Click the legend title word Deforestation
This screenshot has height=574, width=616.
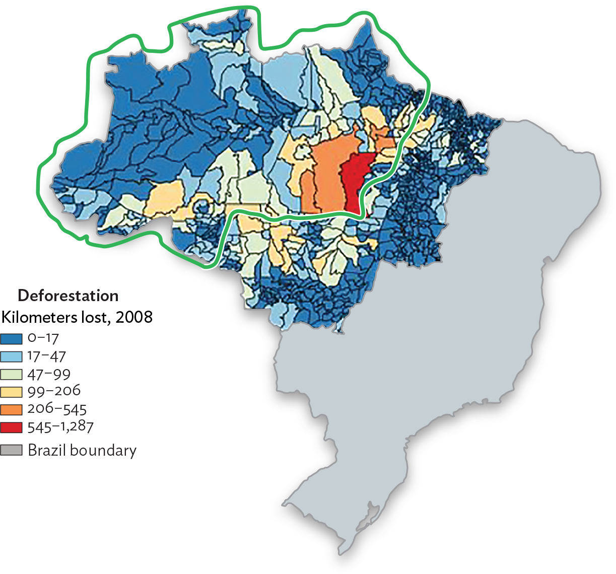coord(68,296)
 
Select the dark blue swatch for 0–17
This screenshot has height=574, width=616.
coord(12,339)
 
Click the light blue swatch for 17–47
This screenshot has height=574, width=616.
coord(12,357)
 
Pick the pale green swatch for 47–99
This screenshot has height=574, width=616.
coord(12,375)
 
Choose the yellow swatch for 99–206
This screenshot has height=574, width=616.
coord(12,392)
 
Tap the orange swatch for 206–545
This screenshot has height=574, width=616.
coord(12,409)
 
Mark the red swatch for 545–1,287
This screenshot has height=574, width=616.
coord(12,427)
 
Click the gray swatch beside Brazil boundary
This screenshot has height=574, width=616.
coord(12,450)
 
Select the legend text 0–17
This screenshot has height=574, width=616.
coord(43,338)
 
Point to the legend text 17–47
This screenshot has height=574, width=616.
coord(47,356)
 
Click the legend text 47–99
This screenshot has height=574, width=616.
coord(49,374)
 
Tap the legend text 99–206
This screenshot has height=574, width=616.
coord(54,391)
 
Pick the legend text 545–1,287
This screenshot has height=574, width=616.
coord(60,427)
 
